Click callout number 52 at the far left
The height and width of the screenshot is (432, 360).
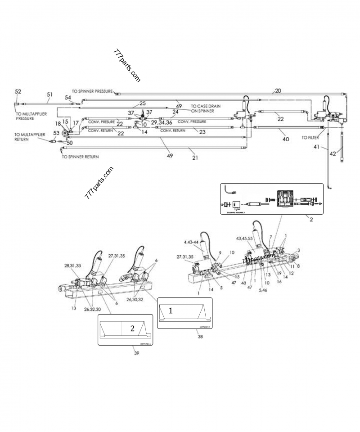[18, 92]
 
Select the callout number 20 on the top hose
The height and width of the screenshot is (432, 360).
[278, 90]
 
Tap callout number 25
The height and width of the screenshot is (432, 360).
[143, 103]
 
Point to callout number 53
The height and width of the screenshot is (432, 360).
[56, 133]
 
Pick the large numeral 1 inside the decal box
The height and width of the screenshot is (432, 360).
[170, 310]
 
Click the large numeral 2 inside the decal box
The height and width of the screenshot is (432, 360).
[132, 328]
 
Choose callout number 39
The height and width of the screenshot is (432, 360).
[136, 353]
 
